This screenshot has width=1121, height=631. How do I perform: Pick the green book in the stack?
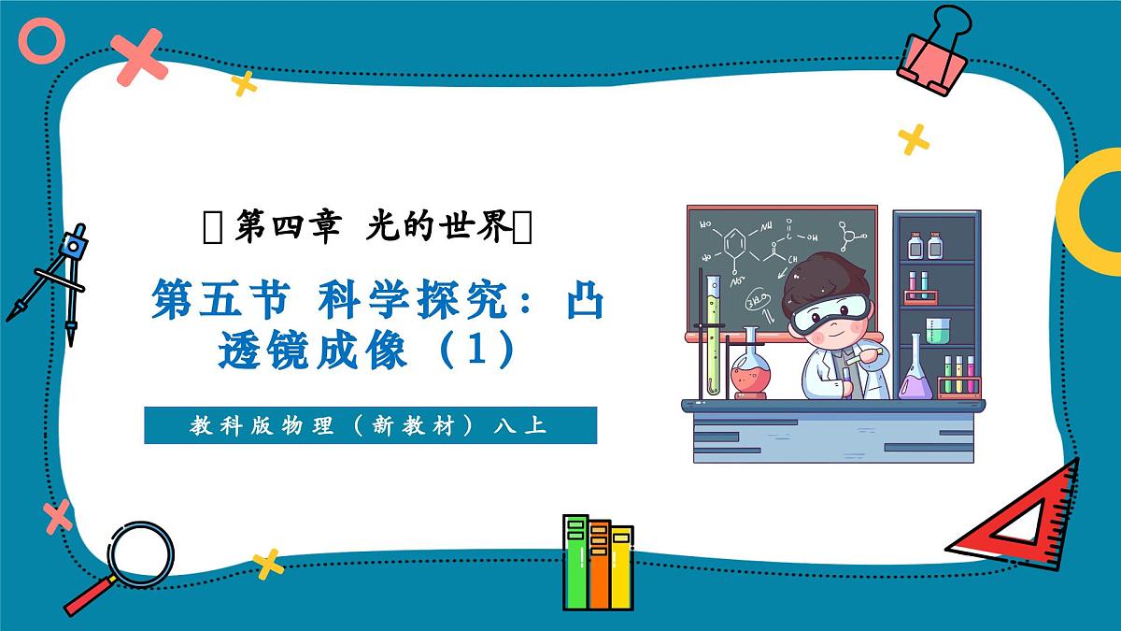[576, 561]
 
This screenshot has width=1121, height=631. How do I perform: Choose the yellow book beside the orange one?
[621, 566]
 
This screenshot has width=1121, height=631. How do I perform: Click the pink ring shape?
[43, 43]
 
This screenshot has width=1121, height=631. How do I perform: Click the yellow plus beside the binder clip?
[913, 139]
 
